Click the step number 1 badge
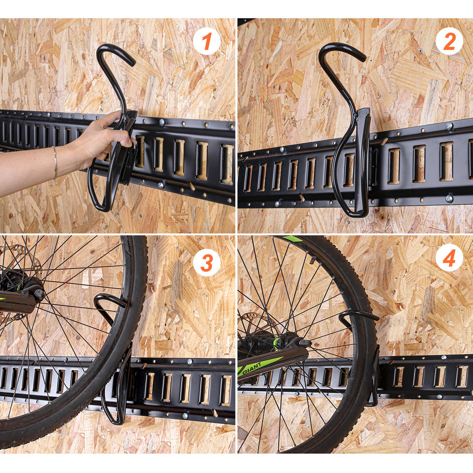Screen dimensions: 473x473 206,41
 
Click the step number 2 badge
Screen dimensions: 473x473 449,41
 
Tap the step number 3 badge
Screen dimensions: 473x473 206,263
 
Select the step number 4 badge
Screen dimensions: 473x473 449,257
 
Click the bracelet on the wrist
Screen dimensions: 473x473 55,163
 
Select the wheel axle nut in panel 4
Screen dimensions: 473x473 304,343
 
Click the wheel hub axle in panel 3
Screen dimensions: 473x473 38,294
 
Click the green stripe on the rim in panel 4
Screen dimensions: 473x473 293,239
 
